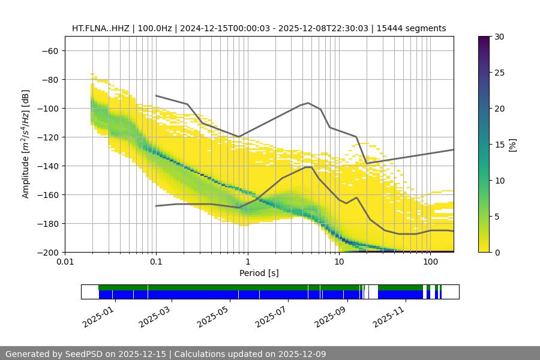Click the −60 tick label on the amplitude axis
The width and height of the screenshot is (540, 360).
coord(49,50)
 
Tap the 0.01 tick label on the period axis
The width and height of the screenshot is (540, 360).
coord(65,262)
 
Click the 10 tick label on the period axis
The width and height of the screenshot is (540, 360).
coord(339,262)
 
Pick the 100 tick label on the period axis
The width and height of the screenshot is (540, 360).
coord(430,262)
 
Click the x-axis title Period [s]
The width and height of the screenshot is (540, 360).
coord(259,273)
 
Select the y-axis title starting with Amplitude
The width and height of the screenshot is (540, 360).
coord(26,144)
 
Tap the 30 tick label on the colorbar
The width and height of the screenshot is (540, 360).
coord(499,37)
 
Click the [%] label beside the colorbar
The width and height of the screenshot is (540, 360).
coord(512,145)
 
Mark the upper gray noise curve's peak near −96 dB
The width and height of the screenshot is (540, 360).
coord(308,103)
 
